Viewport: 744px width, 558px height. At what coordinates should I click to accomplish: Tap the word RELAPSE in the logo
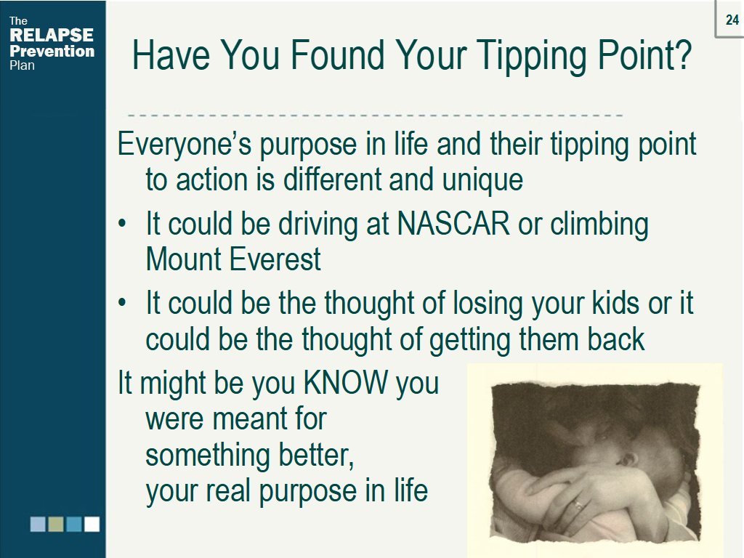click(x=52, y=35)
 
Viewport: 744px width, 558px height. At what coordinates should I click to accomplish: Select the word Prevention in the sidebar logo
click(x=52, y=51)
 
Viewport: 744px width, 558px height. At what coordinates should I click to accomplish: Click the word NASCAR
click(x=453, y=223)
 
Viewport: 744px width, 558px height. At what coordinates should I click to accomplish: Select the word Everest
click(x=275, y=259)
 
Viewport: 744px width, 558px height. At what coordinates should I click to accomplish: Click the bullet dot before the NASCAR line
click(x=122, y=223)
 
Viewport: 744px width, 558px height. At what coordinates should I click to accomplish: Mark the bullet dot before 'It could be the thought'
click(x=122, y=302)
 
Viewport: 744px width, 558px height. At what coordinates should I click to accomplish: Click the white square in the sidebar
click(x=92, y=525)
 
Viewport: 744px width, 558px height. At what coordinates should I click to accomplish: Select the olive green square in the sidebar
click(x=56, y=525)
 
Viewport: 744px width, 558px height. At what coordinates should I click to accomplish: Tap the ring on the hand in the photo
click(x=578, y=505)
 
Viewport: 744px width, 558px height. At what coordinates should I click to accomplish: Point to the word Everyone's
click(x=184, y=145)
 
